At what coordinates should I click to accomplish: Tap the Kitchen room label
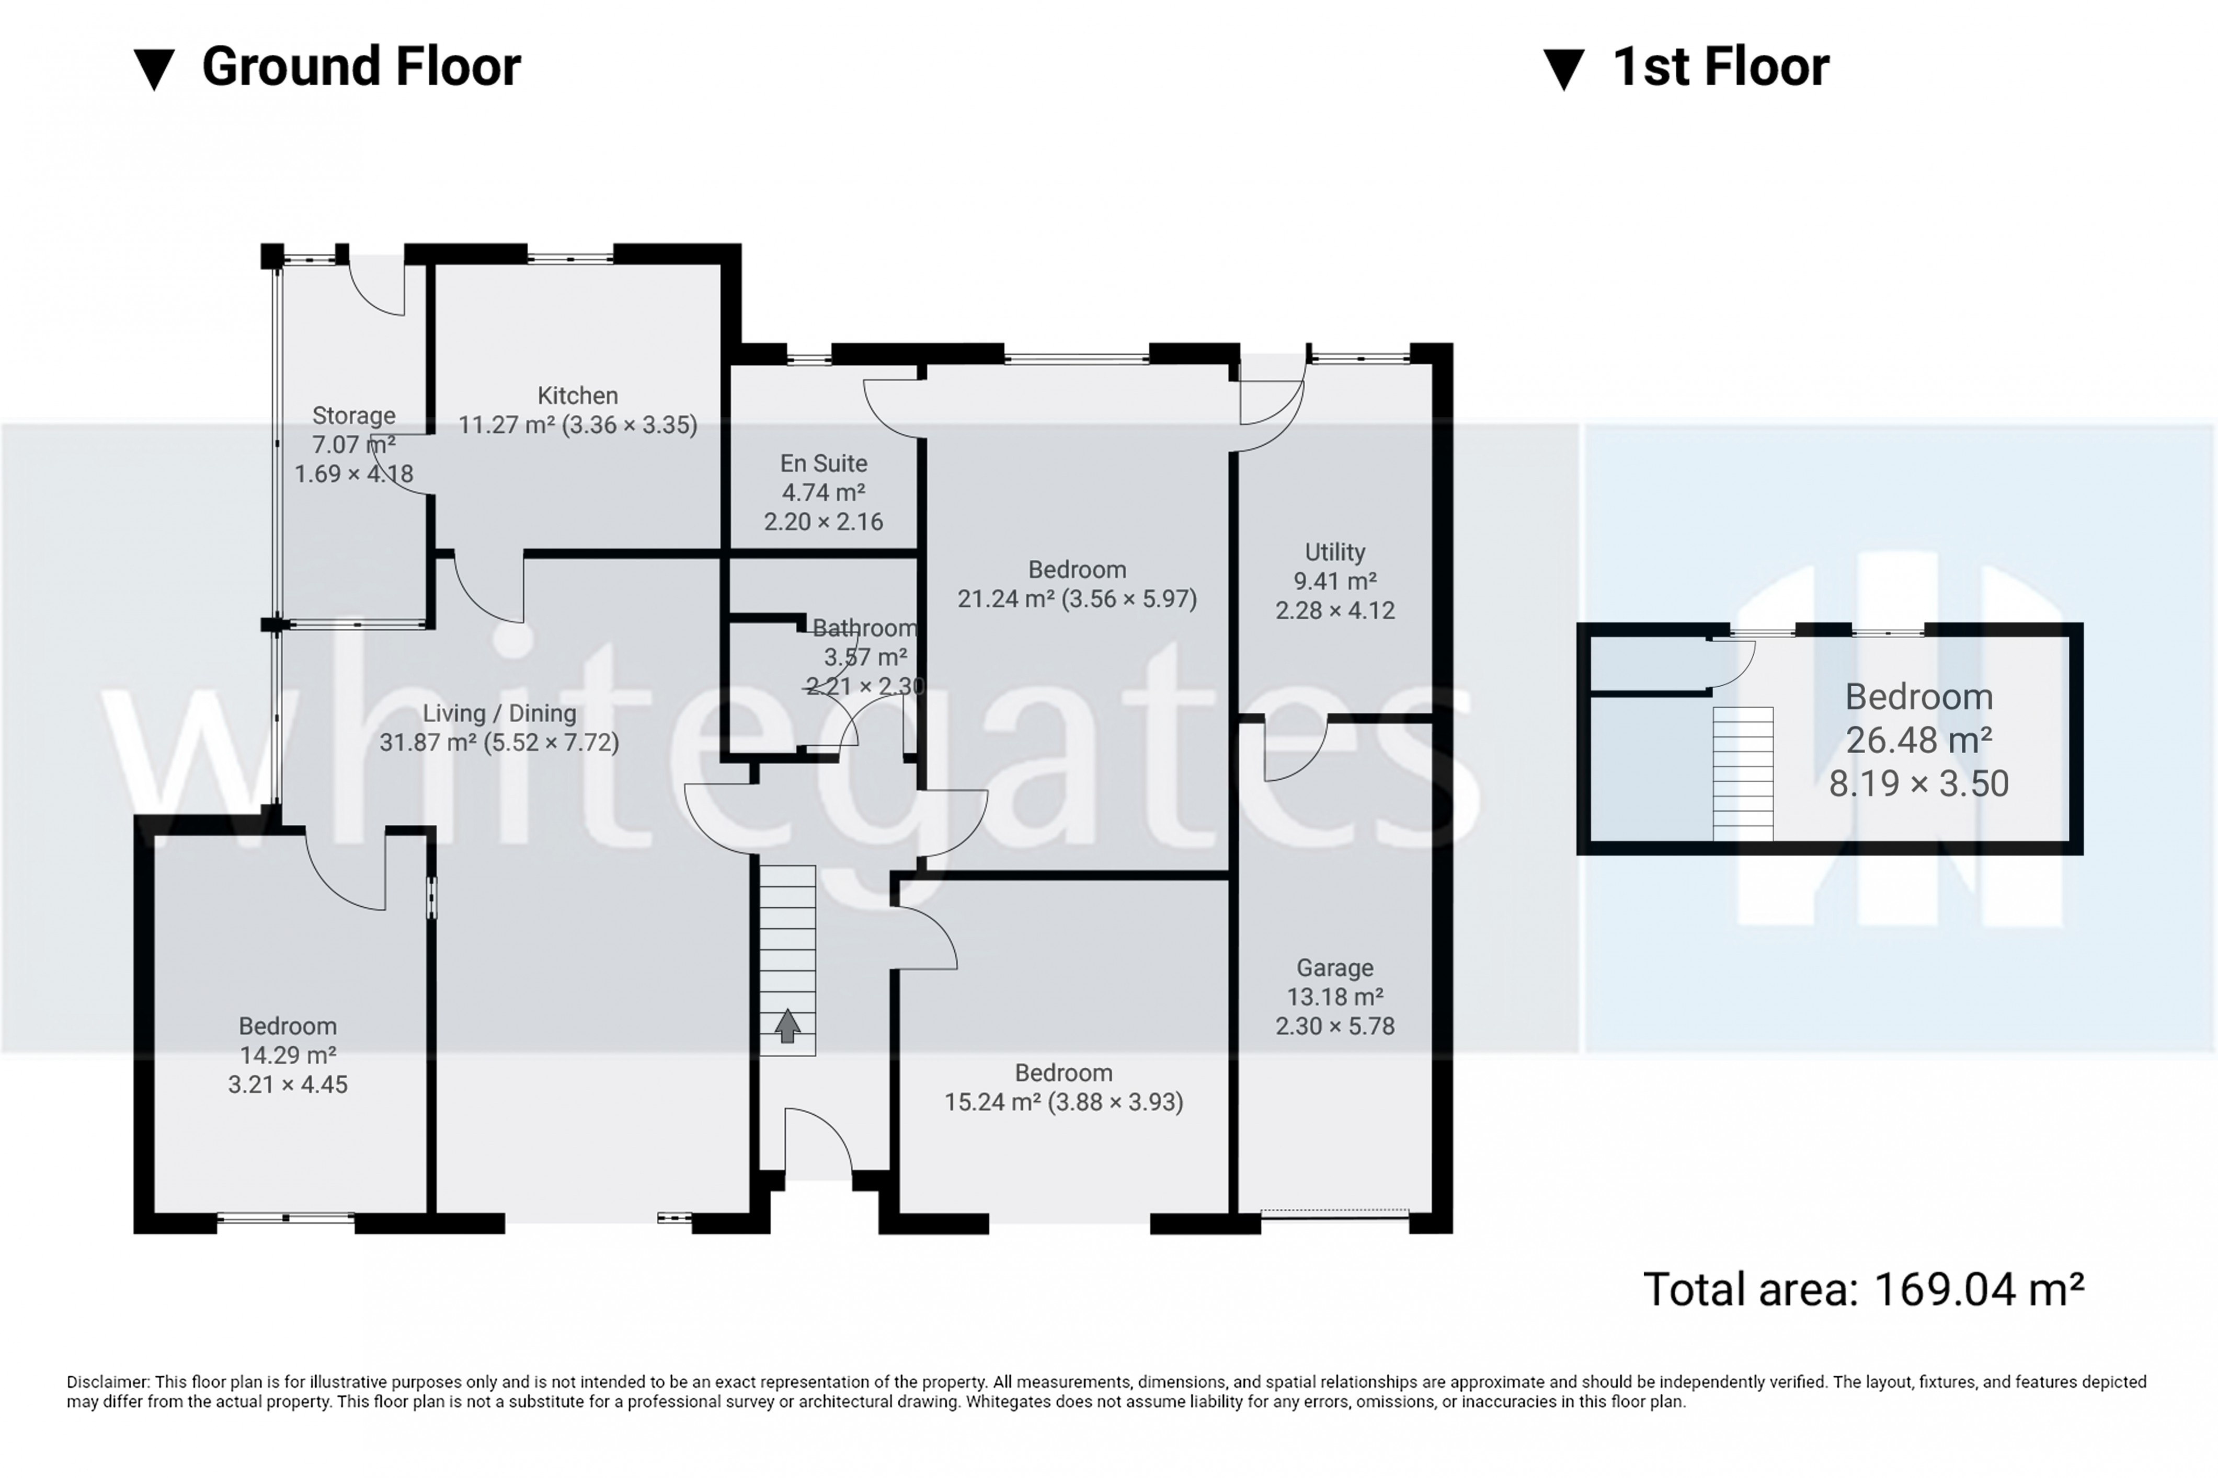point(577,396)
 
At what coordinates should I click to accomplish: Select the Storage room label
point(353,415)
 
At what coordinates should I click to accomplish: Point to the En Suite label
point(824,464)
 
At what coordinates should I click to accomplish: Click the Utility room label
point(1334,552)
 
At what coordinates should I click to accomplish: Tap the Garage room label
point(1334,968)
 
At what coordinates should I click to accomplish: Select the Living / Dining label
point(499,713)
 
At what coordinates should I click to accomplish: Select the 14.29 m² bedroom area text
point(288,1056)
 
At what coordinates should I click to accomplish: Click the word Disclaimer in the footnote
point(108,1382)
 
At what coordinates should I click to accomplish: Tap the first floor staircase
point(1743,773)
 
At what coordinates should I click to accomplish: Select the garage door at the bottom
point(1334,1214)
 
